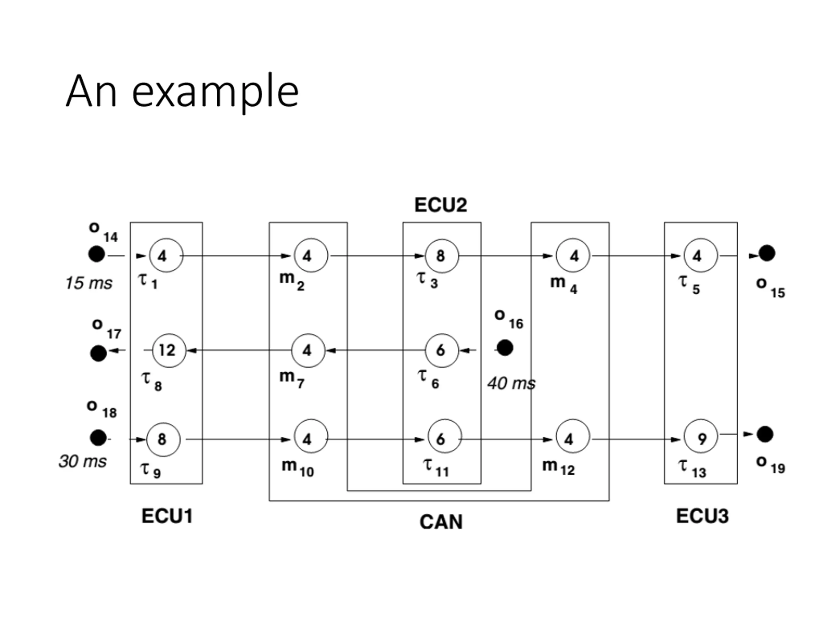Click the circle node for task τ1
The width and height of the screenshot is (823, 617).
tap(166, 255)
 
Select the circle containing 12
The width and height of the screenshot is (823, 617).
tap(169, 350)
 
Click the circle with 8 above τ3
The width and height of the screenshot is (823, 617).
tap(442, 255)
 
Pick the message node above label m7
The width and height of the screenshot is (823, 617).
tap(308, 350)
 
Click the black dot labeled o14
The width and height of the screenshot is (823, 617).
tap(97, 254)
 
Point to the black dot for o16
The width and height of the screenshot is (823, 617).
tap(505, 348)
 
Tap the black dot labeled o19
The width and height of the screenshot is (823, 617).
tap(765, 434)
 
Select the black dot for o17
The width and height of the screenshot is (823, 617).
tap(99, 353)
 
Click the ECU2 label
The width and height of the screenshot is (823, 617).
tap(441, 205)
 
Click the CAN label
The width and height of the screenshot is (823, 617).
tap(441, 522)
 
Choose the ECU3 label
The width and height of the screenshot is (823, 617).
tap(702, 516)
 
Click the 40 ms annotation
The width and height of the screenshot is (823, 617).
tap(511, 383)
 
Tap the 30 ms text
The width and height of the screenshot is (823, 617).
tap(83, 461)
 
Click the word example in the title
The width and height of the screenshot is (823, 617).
tap(215, 93)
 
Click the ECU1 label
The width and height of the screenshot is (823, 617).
tap(167, 516)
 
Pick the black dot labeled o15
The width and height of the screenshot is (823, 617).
tap(767, 254)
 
